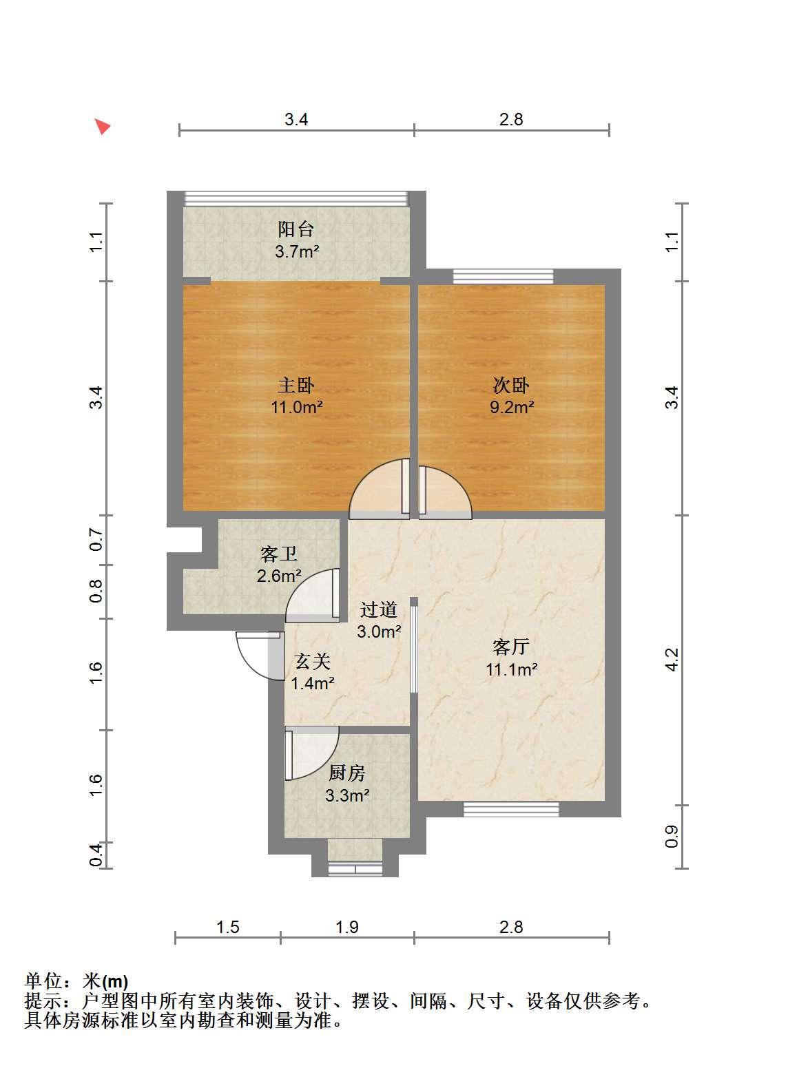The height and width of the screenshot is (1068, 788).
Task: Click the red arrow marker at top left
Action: coord(102,126)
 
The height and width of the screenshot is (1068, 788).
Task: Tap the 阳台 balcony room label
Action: coord(295,229)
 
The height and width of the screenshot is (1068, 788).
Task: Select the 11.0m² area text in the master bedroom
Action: coord(297,407)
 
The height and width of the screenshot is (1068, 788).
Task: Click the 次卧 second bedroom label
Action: coord(511,385)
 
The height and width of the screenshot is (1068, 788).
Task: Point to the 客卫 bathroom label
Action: coord(279,554)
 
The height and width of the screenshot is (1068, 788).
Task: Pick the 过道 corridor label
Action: coord(379,609)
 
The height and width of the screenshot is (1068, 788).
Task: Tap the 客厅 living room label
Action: coord(511,647)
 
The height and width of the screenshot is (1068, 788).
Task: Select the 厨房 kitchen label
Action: coord(346,773)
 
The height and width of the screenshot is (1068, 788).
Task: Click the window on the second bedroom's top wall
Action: coord(504,277)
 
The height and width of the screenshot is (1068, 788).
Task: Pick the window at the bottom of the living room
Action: coord(511,809)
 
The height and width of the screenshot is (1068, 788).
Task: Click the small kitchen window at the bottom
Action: coord(355,869)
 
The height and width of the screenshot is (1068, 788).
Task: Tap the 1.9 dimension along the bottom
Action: coord(346,927)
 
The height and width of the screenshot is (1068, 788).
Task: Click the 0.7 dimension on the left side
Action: coord(96,539)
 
